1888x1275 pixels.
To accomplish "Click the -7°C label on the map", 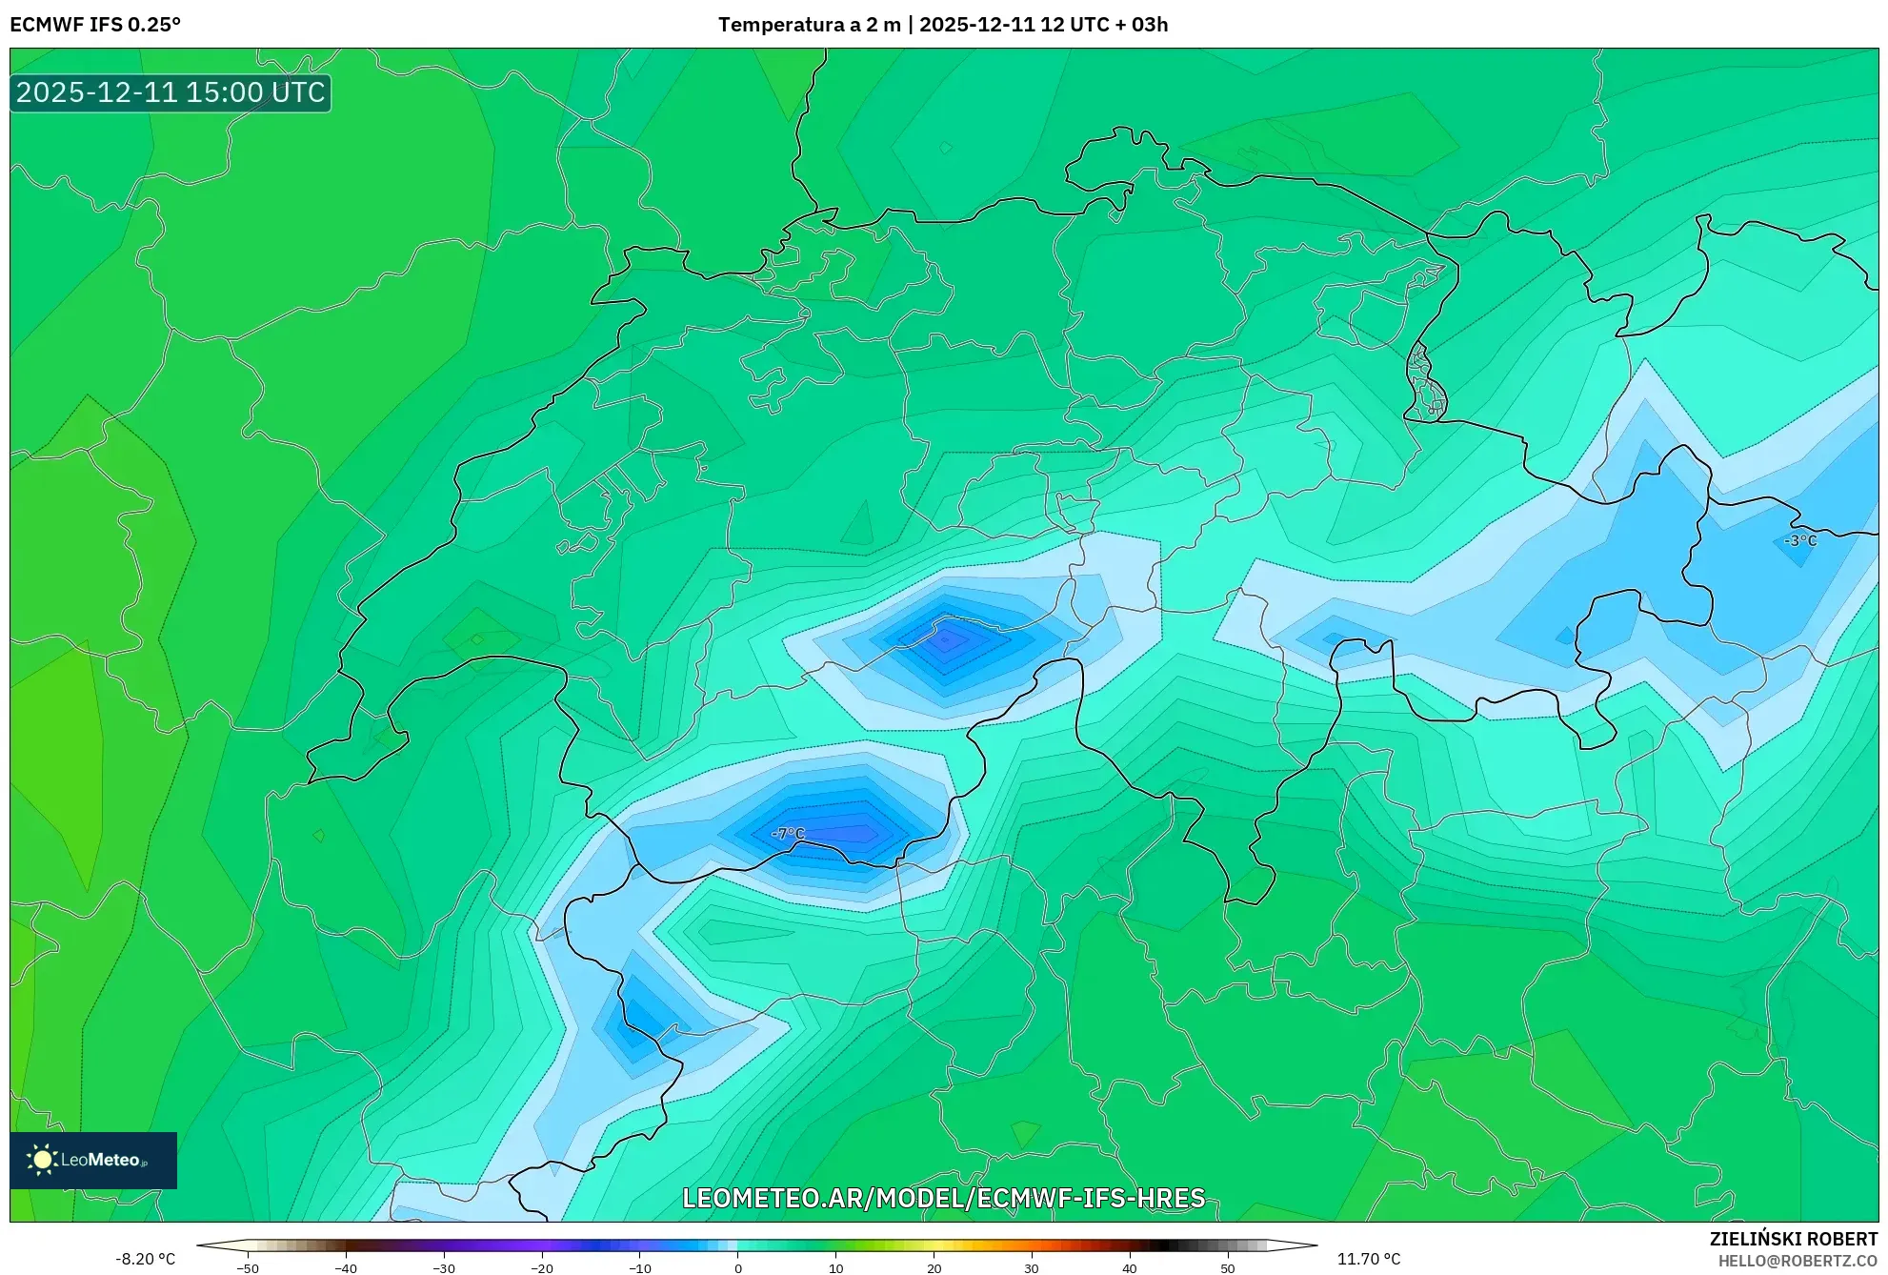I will click(x=788, y=834).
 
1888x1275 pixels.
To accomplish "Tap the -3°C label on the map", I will click(x=1800, y=540).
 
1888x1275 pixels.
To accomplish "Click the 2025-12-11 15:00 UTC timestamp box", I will click(x=171, y=93).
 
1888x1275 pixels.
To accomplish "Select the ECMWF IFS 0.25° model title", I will click(x=95, y=25).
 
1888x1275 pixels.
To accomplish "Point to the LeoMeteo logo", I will click(x=93, y=1160).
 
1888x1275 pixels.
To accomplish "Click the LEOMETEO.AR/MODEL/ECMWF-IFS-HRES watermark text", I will click(x=943, y=1198).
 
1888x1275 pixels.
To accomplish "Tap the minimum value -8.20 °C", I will click(x=146, y=1259).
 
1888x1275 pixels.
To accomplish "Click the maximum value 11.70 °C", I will click(x=1368, y=1259).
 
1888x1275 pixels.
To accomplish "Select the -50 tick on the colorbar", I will click(x=248, y=1268).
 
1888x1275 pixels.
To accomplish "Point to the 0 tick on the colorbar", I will click(x=738, y=1268).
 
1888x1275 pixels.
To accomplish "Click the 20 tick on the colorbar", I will click(x=934, y=1268).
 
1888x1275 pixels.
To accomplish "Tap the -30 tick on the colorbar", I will click(x=444, y=1268).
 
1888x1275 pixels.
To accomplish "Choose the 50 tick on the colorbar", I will click(x=1227, y=1268).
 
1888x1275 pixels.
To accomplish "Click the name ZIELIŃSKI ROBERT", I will click(x=1793, y=1239).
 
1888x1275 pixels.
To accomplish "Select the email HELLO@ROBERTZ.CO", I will click(x=1797, y=1261).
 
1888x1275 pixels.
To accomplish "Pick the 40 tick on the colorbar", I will click(x=1129, y=1268).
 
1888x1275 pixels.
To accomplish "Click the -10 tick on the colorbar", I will click(x=640, y=1268).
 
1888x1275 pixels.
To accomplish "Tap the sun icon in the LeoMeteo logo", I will click(x=42, y=1160).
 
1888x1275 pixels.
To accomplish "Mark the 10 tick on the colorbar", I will click(x=835, y=1268).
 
